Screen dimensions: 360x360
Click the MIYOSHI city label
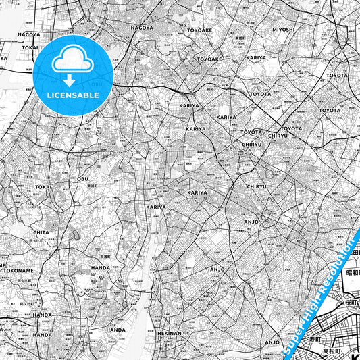[x=283, y=30]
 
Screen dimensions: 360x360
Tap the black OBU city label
[x=83, y=179]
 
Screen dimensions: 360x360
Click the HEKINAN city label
[x=170, y=333]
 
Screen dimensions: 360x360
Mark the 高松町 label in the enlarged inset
[x=331, y=352]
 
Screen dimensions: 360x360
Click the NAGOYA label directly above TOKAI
[x=28, y=34]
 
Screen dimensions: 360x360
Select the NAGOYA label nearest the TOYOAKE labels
[x=142, y=28]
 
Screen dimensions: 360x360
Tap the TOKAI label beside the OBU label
[x=43, y=187]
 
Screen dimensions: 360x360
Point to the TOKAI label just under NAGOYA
[x=30, y=48]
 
